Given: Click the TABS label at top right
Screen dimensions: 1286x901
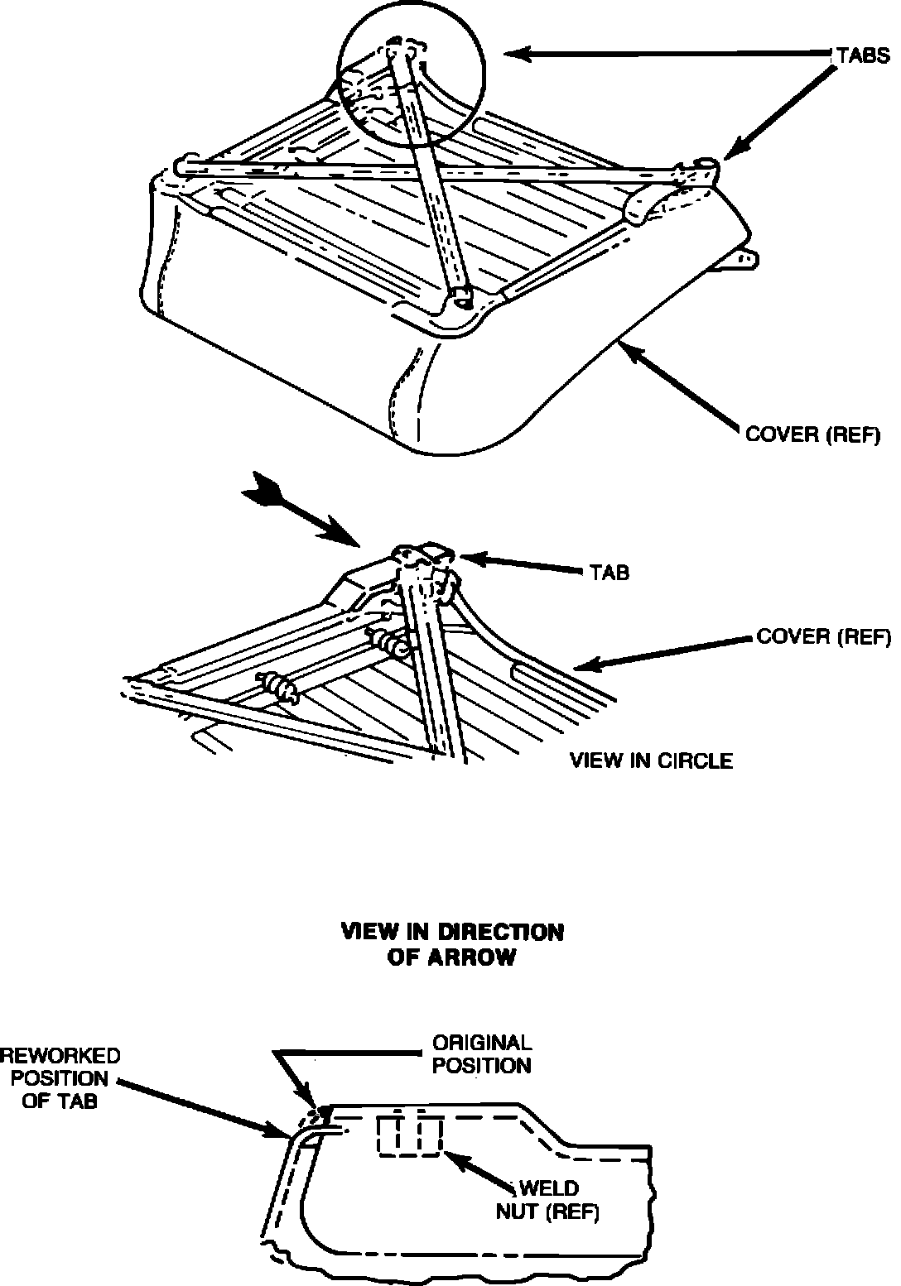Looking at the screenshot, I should (x=861, y=55).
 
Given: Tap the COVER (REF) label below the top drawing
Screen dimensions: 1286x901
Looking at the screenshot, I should (x=812, y=434).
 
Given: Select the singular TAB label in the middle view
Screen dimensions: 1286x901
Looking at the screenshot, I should (x=608, y=573).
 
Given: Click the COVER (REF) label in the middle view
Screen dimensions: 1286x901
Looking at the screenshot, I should (x=823, y=636).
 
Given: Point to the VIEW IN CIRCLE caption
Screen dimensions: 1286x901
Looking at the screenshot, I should (x=651, y=761).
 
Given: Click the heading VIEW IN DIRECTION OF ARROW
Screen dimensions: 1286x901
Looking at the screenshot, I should (x=453, y=944).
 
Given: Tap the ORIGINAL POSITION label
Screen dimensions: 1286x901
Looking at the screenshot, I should (x=482, y=1053).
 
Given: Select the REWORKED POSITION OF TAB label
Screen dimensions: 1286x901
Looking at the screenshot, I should (x=60, y=1078).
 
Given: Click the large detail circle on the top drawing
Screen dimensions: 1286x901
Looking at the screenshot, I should (x=412, y=88).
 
